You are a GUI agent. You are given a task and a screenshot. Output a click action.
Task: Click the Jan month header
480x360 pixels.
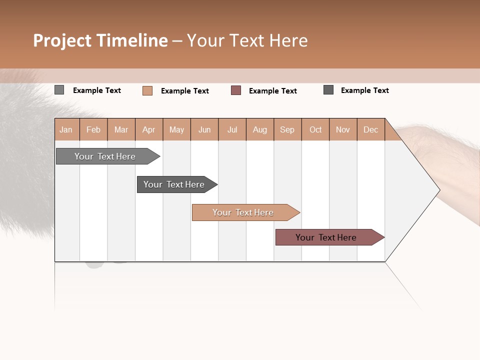(66, 129)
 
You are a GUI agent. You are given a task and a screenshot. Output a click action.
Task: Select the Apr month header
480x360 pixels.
(148, 129)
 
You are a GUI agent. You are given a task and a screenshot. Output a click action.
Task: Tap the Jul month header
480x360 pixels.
(232, 129)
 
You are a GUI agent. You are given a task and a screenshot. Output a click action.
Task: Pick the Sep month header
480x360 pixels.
(287, 129)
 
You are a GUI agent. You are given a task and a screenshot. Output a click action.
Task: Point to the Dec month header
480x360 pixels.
(370, 129)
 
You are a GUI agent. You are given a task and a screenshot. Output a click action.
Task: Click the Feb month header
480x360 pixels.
(93, 129)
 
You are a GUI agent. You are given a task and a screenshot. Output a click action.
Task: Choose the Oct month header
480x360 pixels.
(315, 129)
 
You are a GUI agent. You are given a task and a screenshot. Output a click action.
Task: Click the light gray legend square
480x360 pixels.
(59, 90)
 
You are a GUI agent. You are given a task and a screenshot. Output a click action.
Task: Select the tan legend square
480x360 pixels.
(147, 90)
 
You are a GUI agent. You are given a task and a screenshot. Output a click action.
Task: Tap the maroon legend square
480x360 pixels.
(236, 90)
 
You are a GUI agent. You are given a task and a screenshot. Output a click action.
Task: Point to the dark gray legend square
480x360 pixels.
(328, 90)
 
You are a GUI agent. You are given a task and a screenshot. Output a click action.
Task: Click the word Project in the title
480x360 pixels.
(62, 40)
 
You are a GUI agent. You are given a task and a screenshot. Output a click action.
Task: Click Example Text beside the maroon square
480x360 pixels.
(272, 91)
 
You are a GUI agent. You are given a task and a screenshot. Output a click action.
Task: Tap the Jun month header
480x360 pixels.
(204, 129)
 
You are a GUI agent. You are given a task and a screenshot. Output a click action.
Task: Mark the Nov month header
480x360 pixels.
(343, 129)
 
